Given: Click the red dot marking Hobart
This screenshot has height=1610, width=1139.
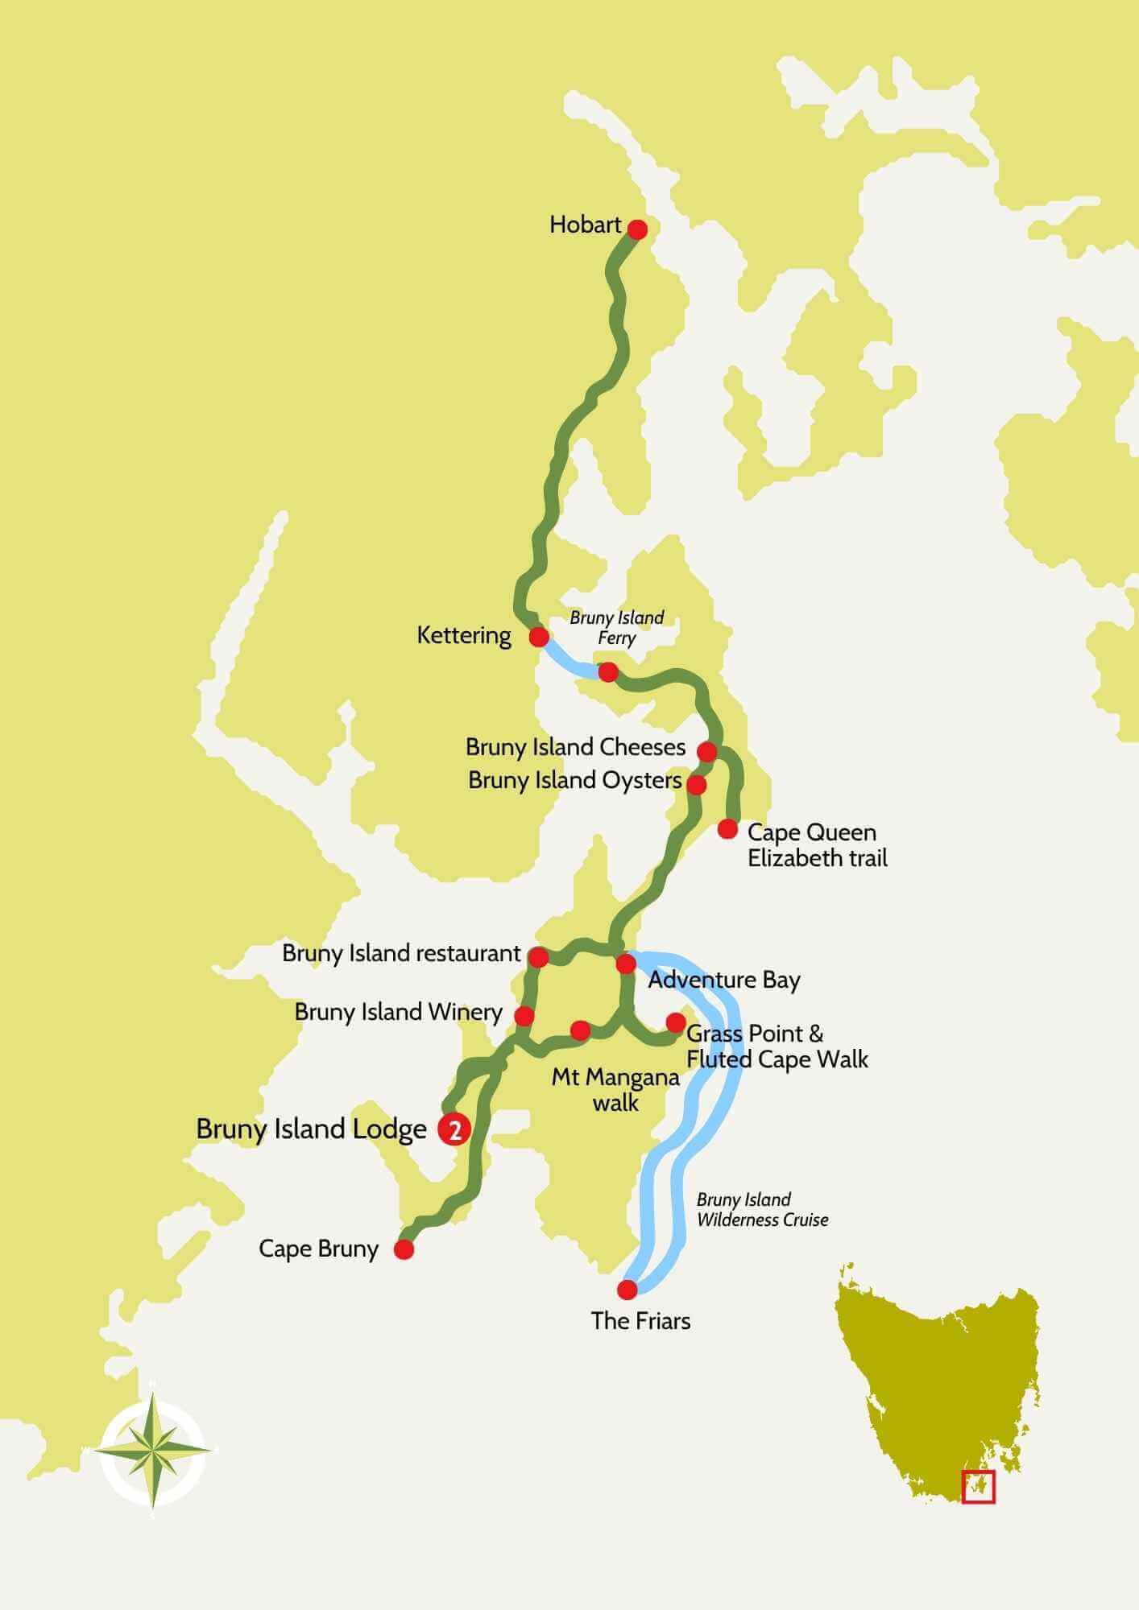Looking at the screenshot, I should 637,229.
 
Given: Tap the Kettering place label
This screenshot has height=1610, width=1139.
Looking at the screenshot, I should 463,635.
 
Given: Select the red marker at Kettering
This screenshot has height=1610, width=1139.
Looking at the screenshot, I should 539,638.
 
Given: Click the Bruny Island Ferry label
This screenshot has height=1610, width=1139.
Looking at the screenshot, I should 617,628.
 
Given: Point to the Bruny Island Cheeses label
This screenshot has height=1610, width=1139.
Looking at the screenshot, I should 575,747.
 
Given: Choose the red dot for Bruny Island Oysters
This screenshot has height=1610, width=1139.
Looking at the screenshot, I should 697,784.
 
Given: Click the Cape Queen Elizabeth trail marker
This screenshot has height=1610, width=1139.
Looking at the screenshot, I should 727,828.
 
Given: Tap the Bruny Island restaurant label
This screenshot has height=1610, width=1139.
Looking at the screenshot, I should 401,954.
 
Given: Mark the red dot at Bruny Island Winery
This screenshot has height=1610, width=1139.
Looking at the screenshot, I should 524,1015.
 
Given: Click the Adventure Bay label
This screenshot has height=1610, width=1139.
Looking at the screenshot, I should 723,980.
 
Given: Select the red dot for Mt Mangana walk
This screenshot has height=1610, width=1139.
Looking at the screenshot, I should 580,1030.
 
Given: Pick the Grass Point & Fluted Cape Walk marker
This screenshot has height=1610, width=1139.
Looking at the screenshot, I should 676,1023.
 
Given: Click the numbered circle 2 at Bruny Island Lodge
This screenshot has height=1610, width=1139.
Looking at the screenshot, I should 454,1130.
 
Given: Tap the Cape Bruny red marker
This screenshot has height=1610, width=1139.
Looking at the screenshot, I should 404,1249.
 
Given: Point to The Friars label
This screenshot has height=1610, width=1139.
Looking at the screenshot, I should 640,1321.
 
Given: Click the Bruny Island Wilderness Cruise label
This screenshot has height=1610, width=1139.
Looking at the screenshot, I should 762,1210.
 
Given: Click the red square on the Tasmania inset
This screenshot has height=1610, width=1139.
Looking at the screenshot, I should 979,1487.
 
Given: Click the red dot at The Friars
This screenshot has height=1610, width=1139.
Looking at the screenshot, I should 627,1290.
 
